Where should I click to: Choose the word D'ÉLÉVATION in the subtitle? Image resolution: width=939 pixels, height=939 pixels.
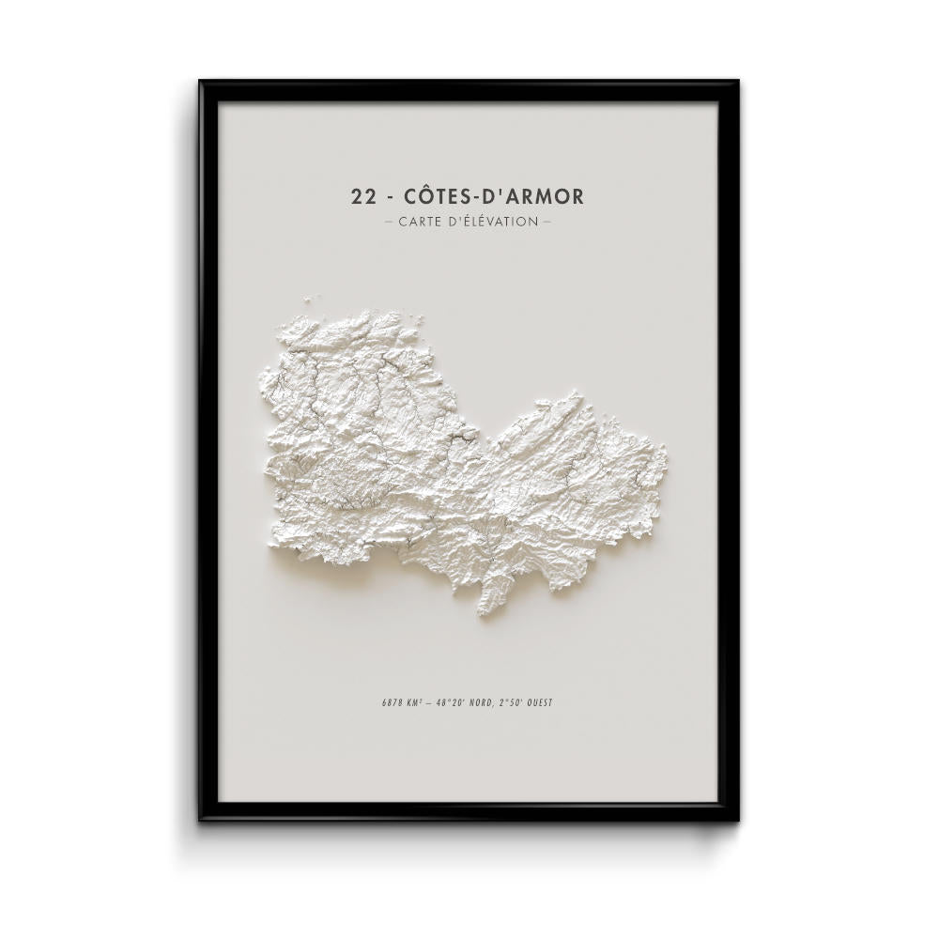(498, 223)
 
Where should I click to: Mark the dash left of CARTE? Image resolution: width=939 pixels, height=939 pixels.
(389, 223)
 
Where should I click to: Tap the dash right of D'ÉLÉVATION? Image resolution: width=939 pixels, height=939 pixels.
(546, 223)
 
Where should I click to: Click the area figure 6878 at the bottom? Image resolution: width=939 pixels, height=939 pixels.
(383, 702)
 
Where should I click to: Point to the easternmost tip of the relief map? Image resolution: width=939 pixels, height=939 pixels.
(668, 460)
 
